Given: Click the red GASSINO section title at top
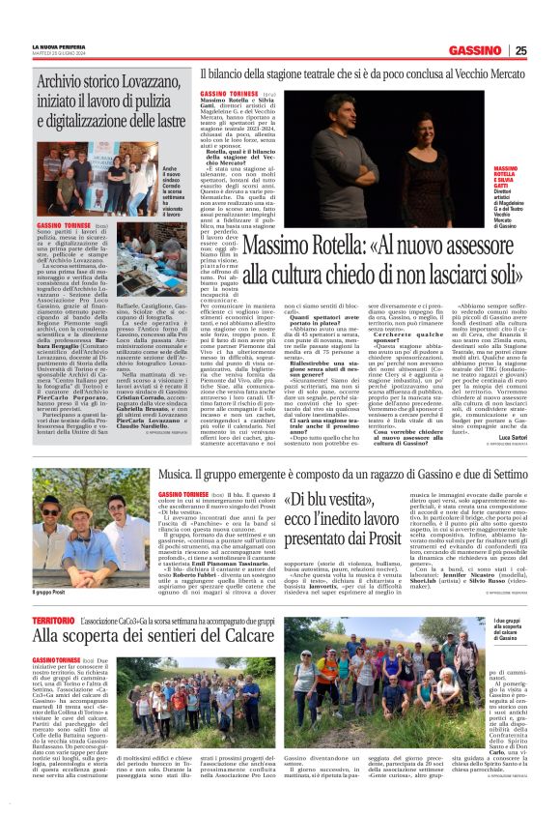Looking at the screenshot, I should (474, 50).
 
